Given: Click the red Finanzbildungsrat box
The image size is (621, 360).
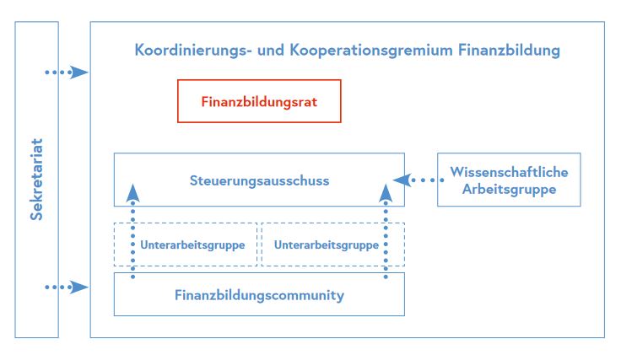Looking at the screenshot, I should point(259,101).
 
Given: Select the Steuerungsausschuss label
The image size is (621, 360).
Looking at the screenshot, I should point(259,180).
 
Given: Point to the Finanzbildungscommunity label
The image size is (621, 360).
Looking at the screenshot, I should point(259,295).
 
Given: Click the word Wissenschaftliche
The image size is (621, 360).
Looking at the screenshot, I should point(509,172).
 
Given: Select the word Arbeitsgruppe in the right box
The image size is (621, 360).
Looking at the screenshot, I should point(509,189).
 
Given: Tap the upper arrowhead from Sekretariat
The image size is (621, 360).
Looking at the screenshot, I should point(79,73).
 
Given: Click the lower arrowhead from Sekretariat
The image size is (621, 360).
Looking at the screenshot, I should point(79,287).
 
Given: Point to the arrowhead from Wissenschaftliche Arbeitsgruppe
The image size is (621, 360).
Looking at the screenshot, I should point(402,180).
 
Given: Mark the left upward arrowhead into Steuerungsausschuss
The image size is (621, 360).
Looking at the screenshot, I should point(132,192).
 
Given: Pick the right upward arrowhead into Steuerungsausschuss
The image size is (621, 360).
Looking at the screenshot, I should point(386,192).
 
